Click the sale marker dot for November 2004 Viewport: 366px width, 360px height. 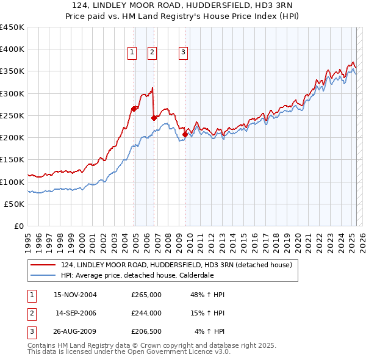pyautogui.click(x=134, y=109)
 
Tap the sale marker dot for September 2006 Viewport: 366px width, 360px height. pyautogui.click(x=154, y=118)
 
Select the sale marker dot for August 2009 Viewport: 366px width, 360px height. pyautogui.click(x=185, y=134)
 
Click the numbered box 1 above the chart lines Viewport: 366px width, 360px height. pyautogui.click(x=132, y=53)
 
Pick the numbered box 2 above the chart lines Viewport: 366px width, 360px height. pyautogui.click(x=152, y=53)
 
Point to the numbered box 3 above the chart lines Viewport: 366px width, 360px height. pyautogui.click(x=183, y=53)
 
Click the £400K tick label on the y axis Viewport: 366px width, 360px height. pyautogui.click(x=12, y=49)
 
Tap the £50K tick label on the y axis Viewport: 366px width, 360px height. pyautogui.click(x=15, y=204)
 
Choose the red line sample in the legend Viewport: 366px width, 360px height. pyautogui.click(x=43, y=265)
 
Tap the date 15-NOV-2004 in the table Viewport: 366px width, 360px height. pyautogui.click(x=75, y=295)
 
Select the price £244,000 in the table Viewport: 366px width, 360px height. pyautogui.click(x=146, y=313)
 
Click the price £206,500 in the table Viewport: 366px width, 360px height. pyautogui.click(x=146, y=332)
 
